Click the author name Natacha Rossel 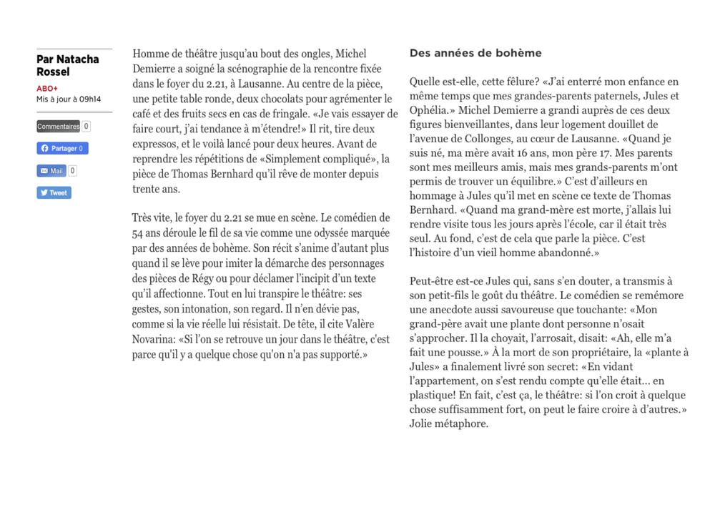click(67, 66)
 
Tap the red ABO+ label click(47, 89)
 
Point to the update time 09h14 click(89, 99)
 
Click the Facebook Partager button click(62, 149)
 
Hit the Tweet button click(54, 193)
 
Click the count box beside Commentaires click(86, 127)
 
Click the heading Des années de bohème click(475, 53)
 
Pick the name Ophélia click(431, 110)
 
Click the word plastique click(433, 395)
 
